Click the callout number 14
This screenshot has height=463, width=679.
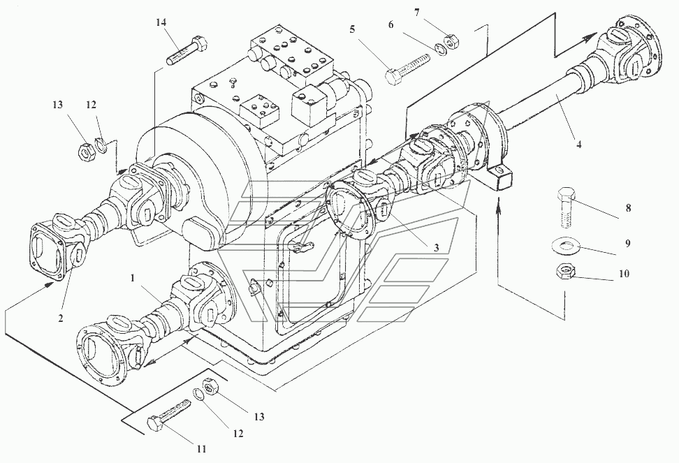161,22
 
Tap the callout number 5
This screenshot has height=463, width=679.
352,29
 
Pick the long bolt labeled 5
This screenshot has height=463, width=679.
407,69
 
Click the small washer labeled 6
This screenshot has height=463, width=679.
440,50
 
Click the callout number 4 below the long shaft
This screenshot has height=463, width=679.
579,145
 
